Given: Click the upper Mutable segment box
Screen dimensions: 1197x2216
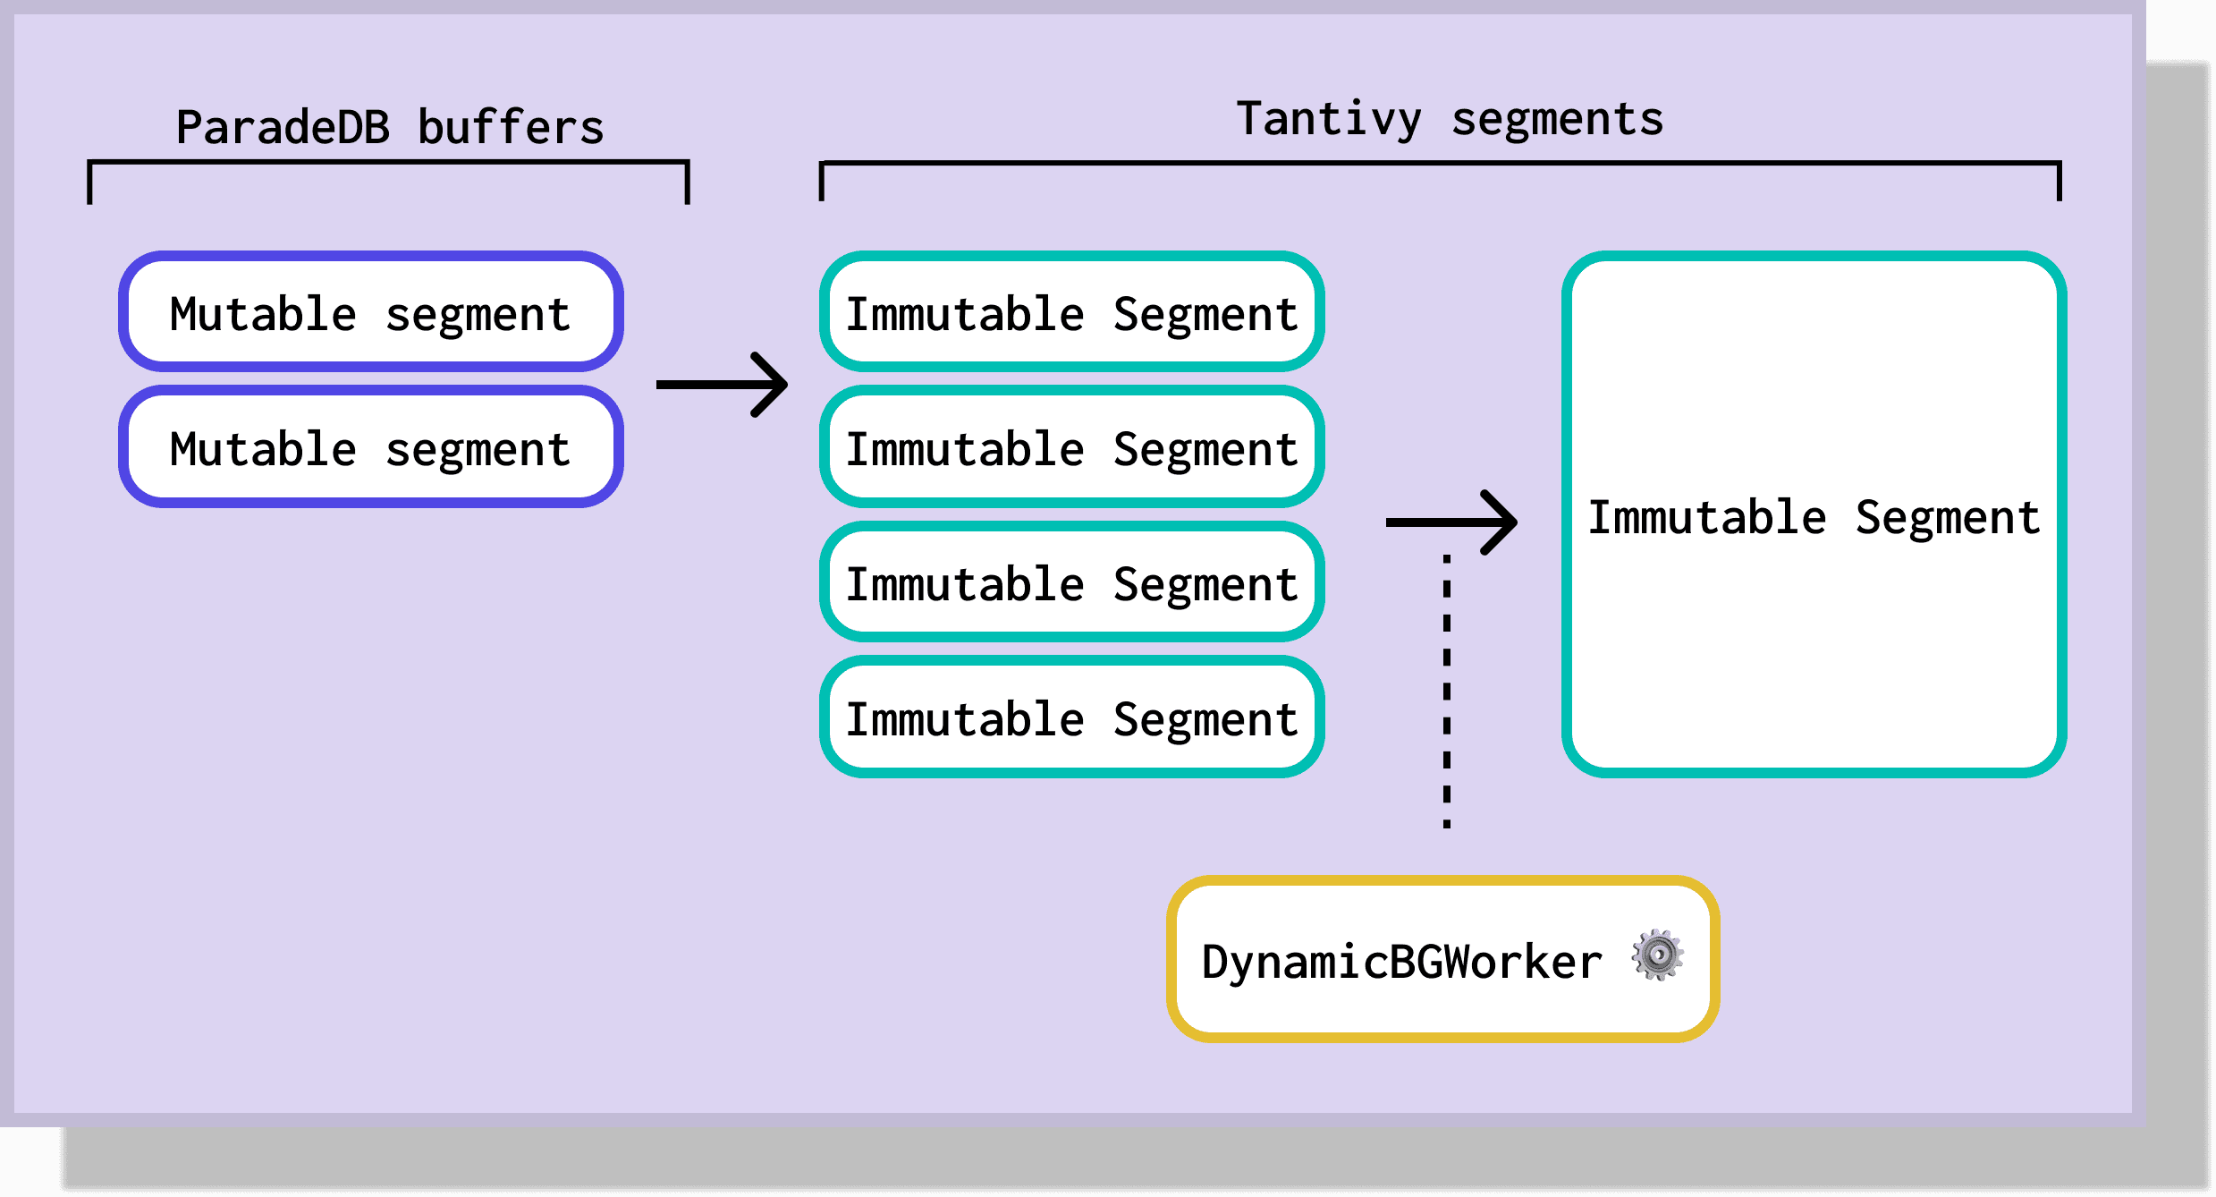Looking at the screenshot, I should pyautogui.click(x=370, y=311).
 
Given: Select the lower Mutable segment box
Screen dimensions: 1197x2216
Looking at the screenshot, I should pyautogui.click(x=370, y=446).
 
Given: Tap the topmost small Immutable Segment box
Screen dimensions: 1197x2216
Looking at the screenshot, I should pyautogui.click(x=1071, y=311).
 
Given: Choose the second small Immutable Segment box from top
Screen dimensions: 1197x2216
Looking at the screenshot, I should pyautogui.click(x=1071, y=446).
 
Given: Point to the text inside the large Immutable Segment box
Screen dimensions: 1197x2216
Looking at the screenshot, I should pyautogui.click(x=1814, y=517).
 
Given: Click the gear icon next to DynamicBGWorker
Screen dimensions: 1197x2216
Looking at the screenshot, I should pyautogui.click(x=1657, y=955).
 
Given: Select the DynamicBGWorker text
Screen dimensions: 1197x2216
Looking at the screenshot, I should pyautogui.click(x=1401, y=962).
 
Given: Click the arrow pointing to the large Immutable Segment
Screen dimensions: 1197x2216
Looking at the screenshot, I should pyautogui.click(x=1451, y=522).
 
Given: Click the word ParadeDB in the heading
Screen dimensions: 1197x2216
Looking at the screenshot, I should pyautogui.click(x=283, y=127).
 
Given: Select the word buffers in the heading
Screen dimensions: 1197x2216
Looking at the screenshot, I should pyautogui.click(x=511, y=127).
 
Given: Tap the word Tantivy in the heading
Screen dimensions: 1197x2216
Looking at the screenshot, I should pyautogui.click(x=1328, y=119).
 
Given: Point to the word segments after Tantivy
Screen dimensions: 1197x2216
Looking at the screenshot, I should pyautogui.click(x=1557, y=119).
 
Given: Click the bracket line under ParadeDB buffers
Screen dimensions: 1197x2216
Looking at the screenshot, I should pyautogui.click(x=388, y=163).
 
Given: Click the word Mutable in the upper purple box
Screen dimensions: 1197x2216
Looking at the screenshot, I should pyautogui.click(x=263, y=314).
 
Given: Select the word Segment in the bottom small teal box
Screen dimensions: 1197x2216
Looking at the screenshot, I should pyautogui.click(x=1205, y=720).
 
